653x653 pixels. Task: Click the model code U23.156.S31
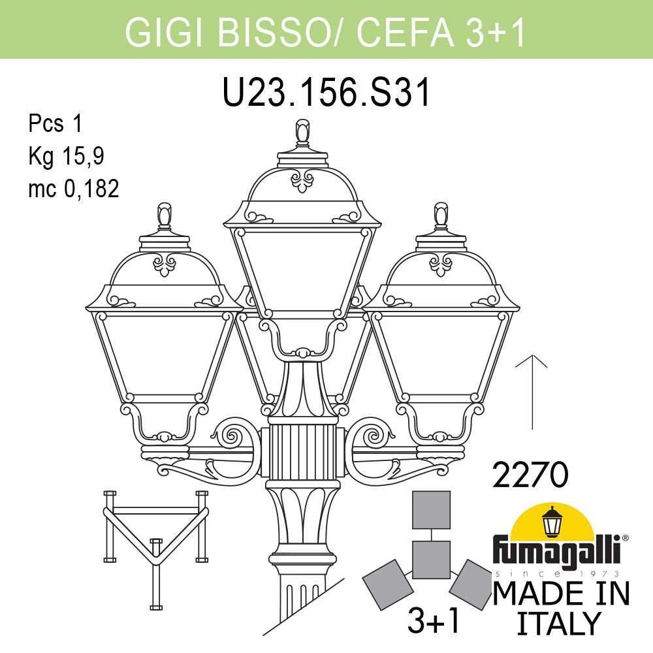[x=327, y=92]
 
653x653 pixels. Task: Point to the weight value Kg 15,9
[x=66, y=155]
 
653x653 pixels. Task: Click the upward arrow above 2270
[x=534, y=392]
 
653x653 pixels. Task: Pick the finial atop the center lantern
[x=302, y=133]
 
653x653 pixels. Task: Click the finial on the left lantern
[x=165, y=215]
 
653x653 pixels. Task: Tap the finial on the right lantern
[x=441, y=215]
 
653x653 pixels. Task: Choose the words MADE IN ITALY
[x=560, y=607]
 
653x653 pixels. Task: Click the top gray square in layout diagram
[x=432, y=509]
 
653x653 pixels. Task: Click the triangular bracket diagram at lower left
[x=155, y=535]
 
